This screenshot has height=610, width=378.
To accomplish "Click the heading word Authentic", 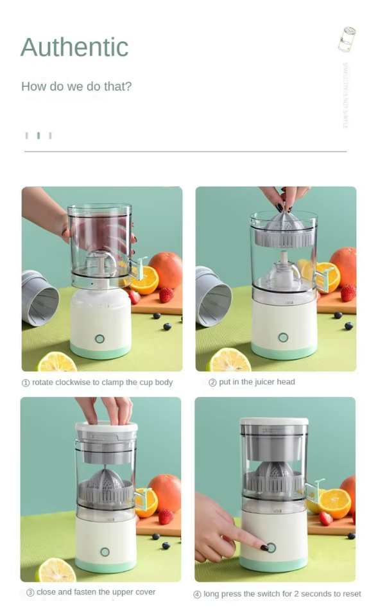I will click(x=74, y=47).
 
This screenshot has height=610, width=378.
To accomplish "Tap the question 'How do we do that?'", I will click(x=76, y=86).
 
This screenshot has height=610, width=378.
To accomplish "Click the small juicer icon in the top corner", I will click(x=347, y=39).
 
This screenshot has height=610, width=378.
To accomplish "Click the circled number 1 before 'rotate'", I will click(x=26, y=383).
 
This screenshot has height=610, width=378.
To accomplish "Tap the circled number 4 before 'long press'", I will click(x=197, y=595).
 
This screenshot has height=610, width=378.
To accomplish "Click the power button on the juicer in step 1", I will click(x=99, y=338).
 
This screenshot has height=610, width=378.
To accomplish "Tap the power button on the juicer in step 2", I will click(x=283, y=337).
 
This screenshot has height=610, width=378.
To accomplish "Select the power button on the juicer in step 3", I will click(x=105, y=552).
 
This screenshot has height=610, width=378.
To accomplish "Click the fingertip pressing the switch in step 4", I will click(x=266, y=548).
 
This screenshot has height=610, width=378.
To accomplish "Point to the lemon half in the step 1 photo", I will click(x=57, y=363).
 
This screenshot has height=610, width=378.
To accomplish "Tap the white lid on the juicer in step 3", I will click(x=107, y=426).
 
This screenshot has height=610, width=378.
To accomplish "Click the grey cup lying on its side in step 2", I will click(x=214, y=295).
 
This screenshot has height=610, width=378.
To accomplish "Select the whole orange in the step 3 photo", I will click(x=165, y=491).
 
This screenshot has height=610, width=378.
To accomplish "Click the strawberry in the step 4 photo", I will click(x=326, y=518).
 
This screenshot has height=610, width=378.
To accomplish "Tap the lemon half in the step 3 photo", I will click(x=56, y=570).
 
